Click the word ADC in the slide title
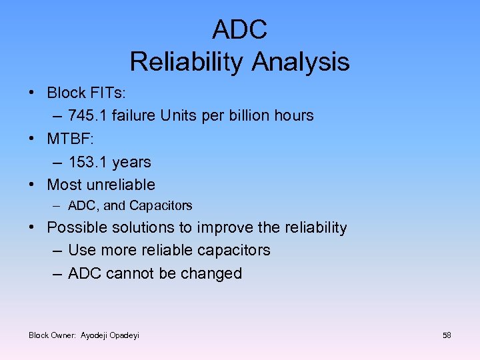click(239, 29)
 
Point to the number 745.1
click(87, 116)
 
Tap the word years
click(131, 163)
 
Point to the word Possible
click(75, 228)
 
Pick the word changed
click(215, 274)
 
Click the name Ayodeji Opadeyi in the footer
click(110, 335)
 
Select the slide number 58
click(447, 335)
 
